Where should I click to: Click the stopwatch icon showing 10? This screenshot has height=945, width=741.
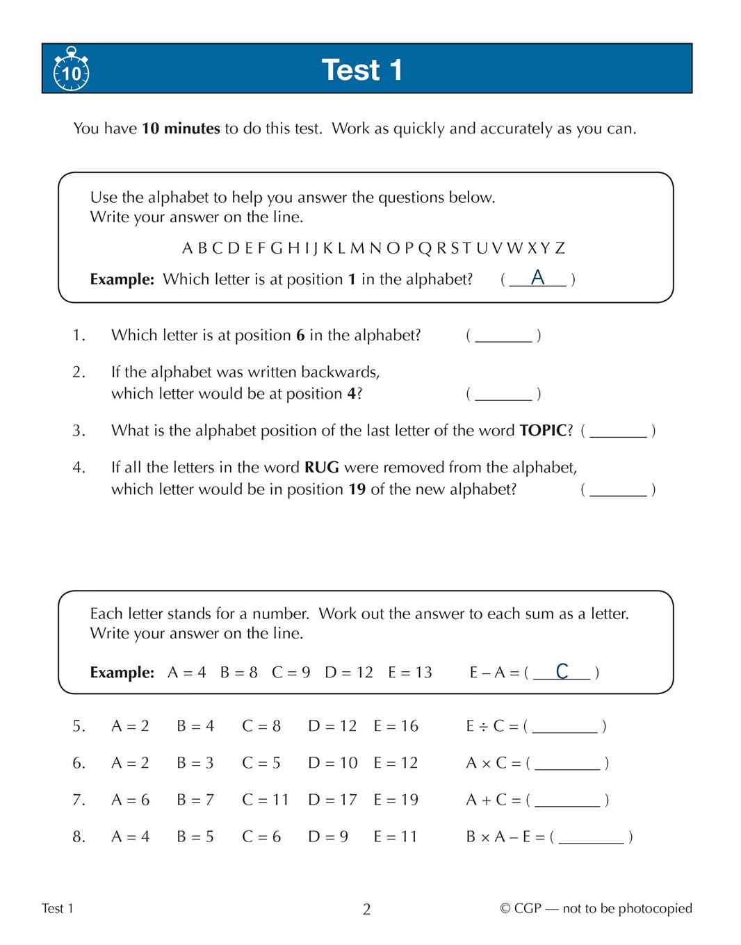pos(71,69)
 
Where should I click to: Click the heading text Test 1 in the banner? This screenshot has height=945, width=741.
pos(361,70)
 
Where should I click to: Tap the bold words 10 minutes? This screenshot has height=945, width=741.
pos(181,129)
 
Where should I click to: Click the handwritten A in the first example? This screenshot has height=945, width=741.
pos(537,278)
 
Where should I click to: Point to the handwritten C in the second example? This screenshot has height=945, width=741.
pos(562,671)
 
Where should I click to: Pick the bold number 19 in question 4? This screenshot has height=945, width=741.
pos(357,489)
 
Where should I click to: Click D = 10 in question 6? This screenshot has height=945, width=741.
pos(332,763)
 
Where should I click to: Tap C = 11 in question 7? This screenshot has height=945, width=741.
pos(265,800)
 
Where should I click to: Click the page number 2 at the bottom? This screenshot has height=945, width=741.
pos(366,909)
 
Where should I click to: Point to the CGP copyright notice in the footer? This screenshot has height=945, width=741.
pos(596,908)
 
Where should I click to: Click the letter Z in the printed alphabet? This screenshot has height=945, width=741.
pos(560,248)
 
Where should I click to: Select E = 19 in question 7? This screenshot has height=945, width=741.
pos(396,800)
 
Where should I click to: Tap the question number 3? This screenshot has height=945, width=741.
pos(79,431)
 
